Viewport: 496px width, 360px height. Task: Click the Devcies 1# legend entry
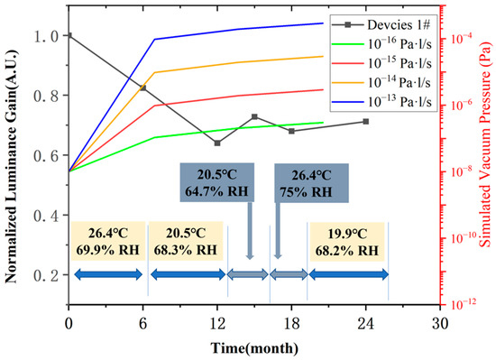point(381,25)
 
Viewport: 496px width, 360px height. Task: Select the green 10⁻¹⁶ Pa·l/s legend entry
point(381,44)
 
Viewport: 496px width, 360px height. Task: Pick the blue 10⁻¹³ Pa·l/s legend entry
point(381,102)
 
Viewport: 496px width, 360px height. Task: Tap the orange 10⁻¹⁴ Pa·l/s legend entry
point(381,82)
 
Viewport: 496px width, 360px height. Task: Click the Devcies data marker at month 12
point(217,143)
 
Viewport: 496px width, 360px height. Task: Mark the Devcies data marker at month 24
point(366,122)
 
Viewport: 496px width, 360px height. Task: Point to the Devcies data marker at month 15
point(254,117)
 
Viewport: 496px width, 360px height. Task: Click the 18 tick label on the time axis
point(291,324)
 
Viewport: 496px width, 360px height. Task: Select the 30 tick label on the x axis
point(440,324)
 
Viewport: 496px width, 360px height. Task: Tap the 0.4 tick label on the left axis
point(47,216)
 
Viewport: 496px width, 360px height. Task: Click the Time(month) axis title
point(254,348)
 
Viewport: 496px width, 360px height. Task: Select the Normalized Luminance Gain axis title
point(11,166)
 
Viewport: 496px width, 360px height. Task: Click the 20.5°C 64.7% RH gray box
point(217,182)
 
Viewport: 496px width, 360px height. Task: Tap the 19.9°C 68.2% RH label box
point(347,242)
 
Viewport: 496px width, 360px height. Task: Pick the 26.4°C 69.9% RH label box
point(108,241)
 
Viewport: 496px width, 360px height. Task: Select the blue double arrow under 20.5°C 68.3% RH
point(188,274)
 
